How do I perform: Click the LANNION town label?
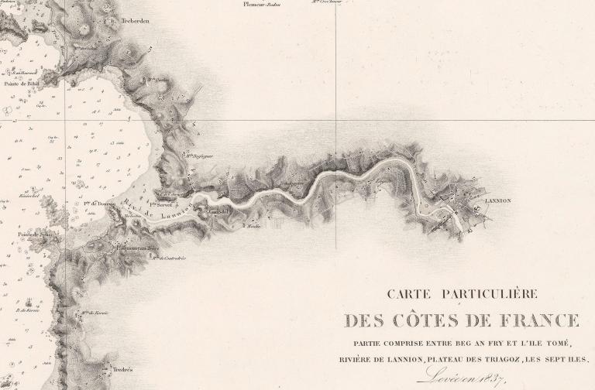pyautogui.click(x=497, y=200)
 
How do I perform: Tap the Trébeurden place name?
pyautogui.click(x=134, y=22)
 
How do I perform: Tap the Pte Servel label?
pyautogui.click(x=163, y=206)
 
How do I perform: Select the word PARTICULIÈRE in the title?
pyautogui.click(x=488, y=294)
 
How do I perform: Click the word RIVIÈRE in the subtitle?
pyautogui.click(x=360, y=359)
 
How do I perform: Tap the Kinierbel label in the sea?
pyautogui.click(x=29, y=197)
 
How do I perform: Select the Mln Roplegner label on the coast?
pyautogui.click(x=198, y=153)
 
